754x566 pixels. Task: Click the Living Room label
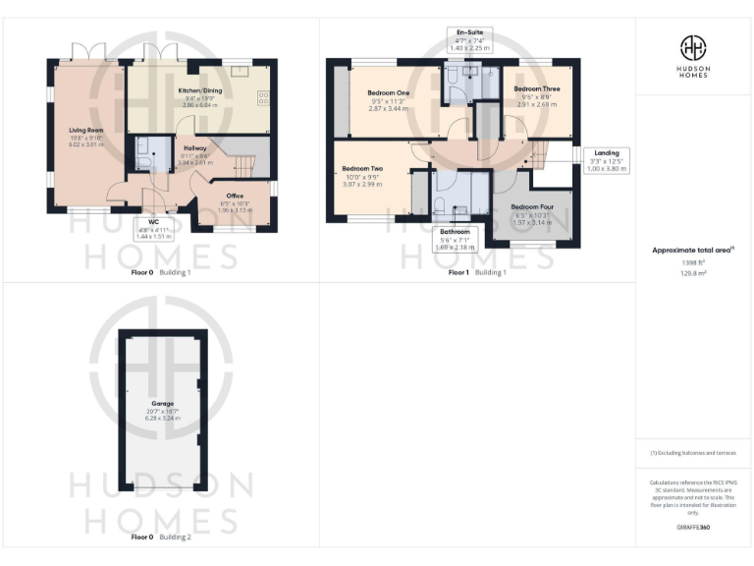(x=86, y=129)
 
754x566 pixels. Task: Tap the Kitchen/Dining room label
(x=199, y=90)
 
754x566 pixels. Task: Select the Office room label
(x=235, y=196)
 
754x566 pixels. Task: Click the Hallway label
(x=196, y=148)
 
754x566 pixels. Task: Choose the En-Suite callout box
(x=468, y=39)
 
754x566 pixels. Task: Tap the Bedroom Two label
(x=362, y=169)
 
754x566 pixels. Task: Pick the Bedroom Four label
(x=532, y=207)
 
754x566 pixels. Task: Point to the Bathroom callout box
(x=454, y=240)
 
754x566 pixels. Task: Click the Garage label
(x=163, y=404)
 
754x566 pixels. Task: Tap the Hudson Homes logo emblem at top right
(x=692, y=47)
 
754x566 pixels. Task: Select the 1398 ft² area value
(x=692, y=263)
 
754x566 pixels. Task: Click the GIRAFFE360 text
(x=692, y=528)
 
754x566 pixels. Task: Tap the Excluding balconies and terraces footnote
(x=692, y=453)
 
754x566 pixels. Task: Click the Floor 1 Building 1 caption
(x=478, y=272)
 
